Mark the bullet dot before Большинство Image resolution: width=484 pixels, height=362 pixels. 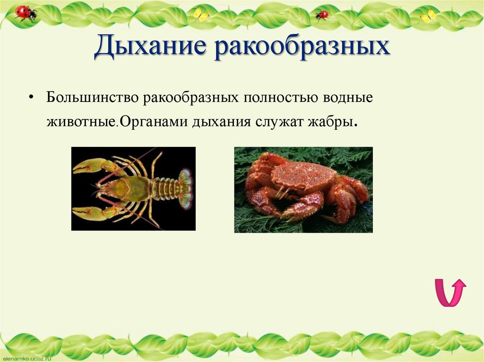point(31,98)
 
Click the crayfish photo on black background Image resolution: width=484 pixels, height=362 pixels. point(133,188)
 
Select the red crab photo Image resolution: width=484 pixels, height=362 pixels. point(303,189)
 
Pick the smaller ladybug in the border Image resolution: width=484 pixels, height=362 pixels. point(322,15)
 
